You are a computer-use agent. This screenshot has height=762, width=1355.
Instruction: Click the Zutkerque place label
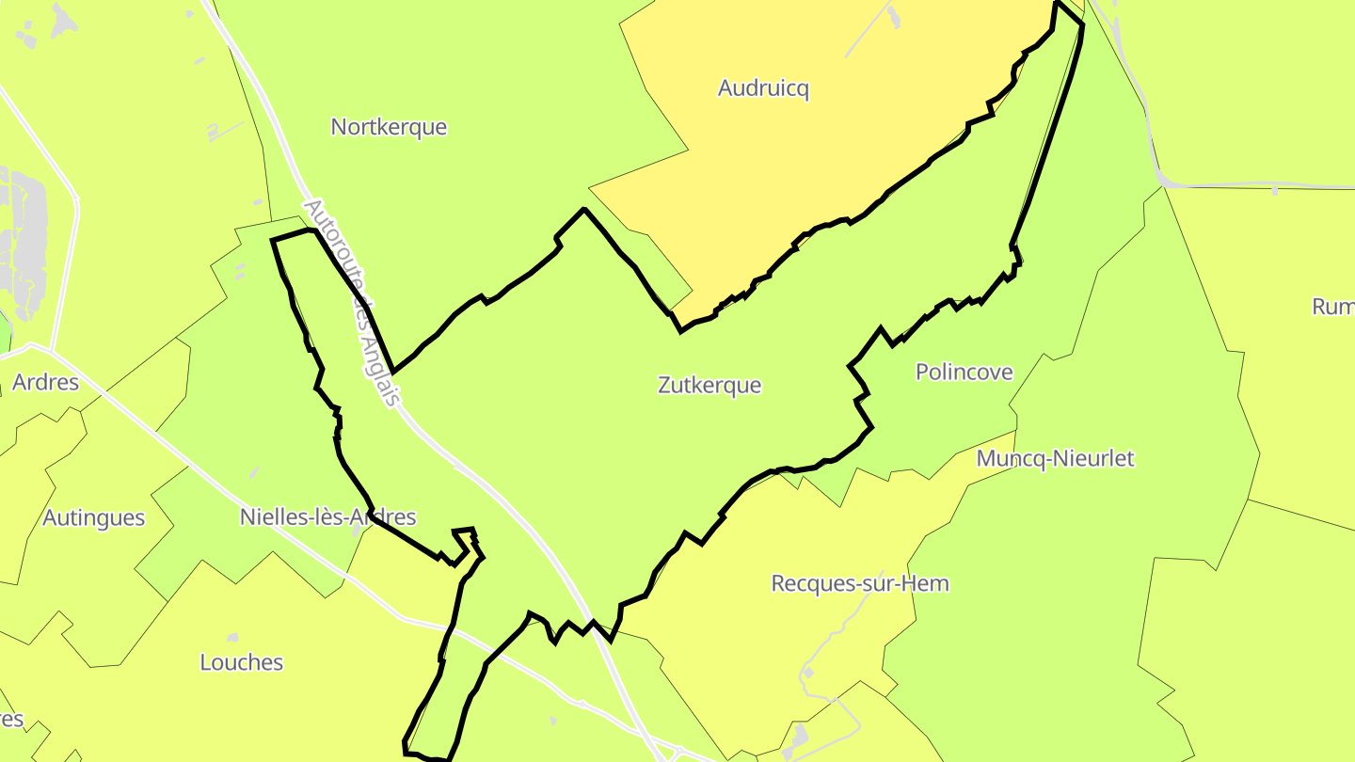pyautogui.click(x=709, y=385)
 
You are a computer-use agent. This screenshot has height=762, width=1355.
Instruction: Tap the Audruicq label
pyautogui.click(x=763, y=88)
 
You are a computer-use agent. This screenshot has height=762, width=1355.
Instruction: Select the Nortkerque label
pyautogui.click(x=389, y=127)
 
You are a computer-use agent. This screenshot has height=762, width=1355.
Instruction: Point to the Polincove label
pyautogui.click(x=964, y=373)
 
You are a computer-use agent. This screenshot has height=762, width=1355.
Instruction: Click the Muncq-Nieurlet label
pyautogui.click(x=1055, y=459)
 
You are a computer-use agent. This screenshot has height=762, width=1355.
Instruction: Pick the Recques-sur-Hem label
pyautogui.click(x=860, y=583)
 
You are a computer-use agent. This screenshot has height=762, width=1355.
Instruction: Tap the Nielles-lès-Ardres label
pyautogui.click(x=327, y=517)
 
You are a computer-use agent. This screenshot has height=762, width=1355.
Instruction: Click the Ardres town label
pyautogui.click(x=45, y=384)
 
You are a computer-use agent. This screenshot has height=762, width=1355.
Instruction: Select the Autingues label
pyautogui.click(x=94, y=518)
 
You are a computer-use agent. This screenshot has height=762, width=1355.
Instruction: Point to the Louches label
pyautogui.click(x=241, y=662)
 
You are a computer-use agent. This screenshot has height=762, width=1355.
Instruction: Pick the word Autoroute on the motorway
pyautogui.click(x=328, y=245)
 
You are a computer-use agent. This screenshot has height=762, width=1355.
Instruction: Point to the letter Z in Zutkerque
pyautogui.click(x=664, y=385)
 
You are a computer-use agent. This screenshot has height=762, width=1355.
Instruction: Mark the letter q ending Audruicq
pyautogui.click(x=803, y=90)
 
